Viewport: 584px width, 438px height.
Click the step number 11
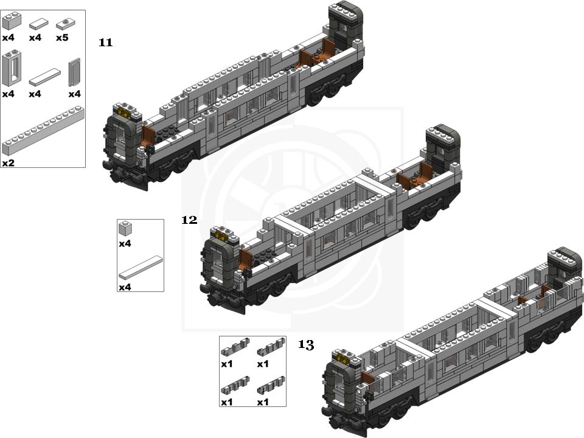click(105, 43)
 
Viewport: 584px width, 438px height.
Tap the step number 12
click(189, 220)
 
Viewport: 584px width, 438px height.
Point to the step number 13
click(306, 345)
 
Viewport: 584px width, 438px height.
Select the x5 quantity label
click(62, 38)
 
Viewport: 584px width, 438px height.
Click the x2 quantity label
click(8, 163)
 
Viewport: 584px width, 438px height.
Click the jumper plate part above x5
click(66, 24)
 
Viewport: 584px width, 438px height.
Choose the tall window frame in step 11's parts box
click(12, 69)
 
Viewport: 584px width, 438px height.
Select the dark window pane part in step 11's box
click(74, 72)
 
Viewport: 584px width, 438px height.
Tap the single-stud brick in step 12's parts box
click(125, 228)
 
